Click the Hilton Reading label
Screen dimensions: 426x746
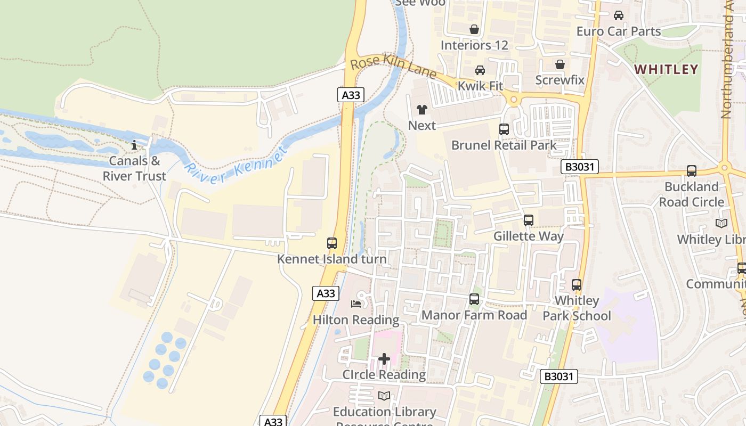pos(356,320)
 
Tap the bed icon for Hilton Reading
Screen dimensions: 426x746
pos(356,304)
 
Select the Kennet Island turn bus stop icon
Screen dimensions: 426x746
pos(332,243)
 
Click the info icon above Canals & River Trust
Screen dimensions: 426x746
pos(134,145)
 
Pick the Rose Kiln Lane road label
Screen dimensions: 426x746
pos(393,66)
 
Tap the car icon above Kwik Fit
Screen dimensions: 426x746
pos(480,70)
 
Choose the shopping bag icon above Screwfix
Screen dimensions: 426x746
pos(560,65)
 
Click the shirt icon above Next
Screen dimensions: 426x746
pos(422,110)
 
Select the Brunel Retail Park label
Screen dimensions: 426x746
pos(504,145)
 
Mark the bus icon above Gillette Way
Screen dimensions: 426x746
pos(529,220)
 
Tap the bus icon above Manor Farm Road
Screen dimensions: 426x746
pos(474,299)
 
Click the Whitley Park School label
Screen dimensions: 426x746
pos(577,308)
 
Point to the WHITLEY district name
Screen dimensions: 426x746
pos(667,69)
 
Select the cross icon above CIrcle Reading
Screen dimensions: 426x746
pos(384,359)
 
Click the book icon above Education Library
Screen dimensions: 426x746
pos(384,396)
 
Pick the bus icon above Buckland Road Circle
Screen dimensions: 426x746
pos(692,171)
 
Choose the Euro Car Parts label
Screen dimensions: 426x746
pos(619,31)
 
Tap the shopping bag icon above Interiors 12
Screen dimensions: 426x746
pos(474,29)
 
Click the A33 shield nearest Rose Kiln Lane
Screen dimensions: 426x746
pos(351,95)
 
